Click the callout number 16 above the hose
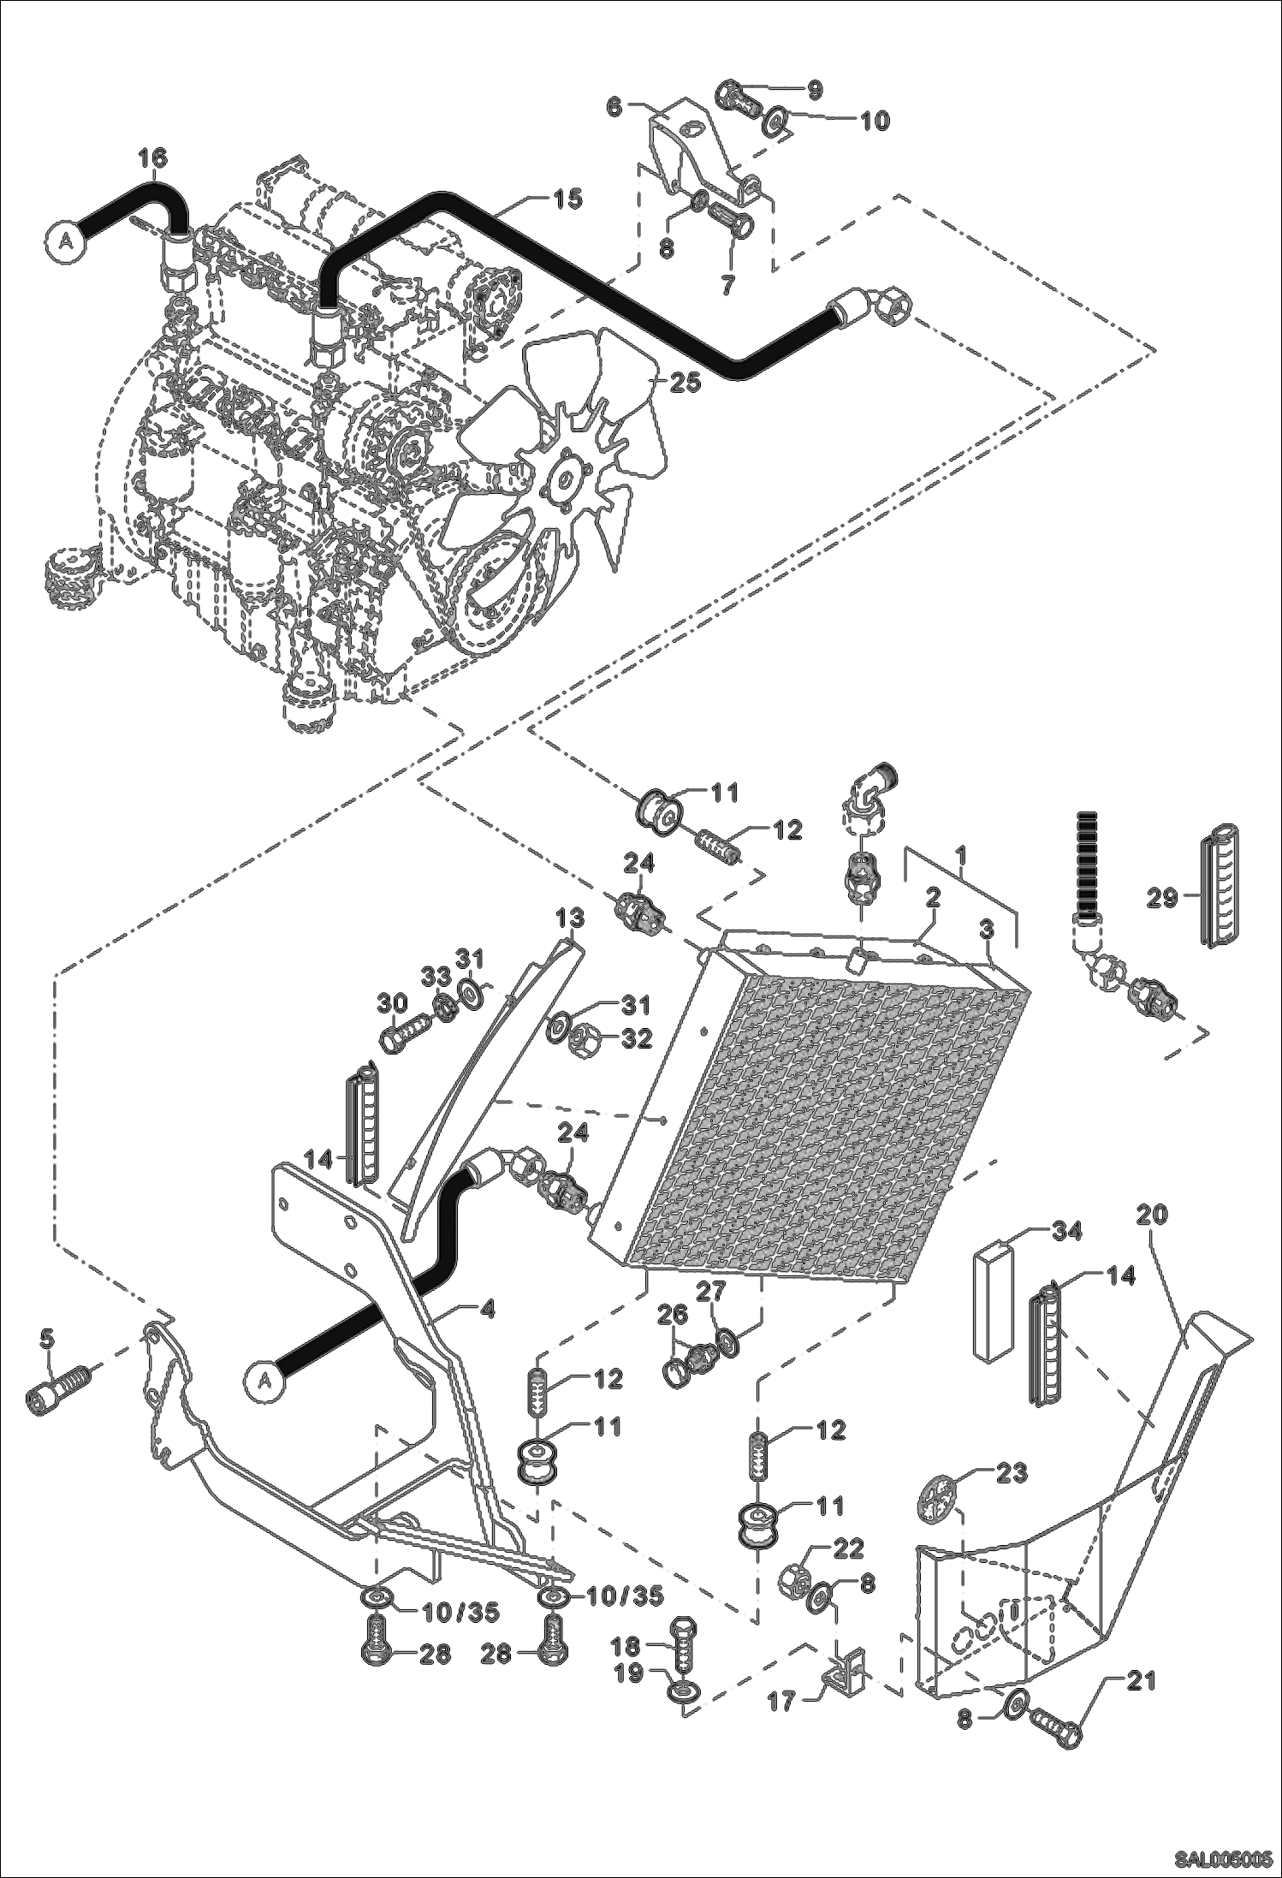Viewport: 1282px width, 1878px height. click(x=153, y=158)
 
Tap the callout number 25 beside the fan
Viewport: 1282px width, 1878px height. click(x=685, y=382)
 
